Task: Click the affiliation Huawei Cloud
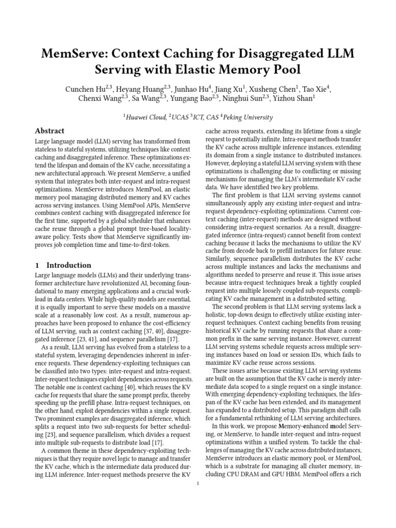point(146,117)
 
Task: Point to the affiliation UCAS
point(180,117)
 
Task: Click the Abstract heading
point(49,131)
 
